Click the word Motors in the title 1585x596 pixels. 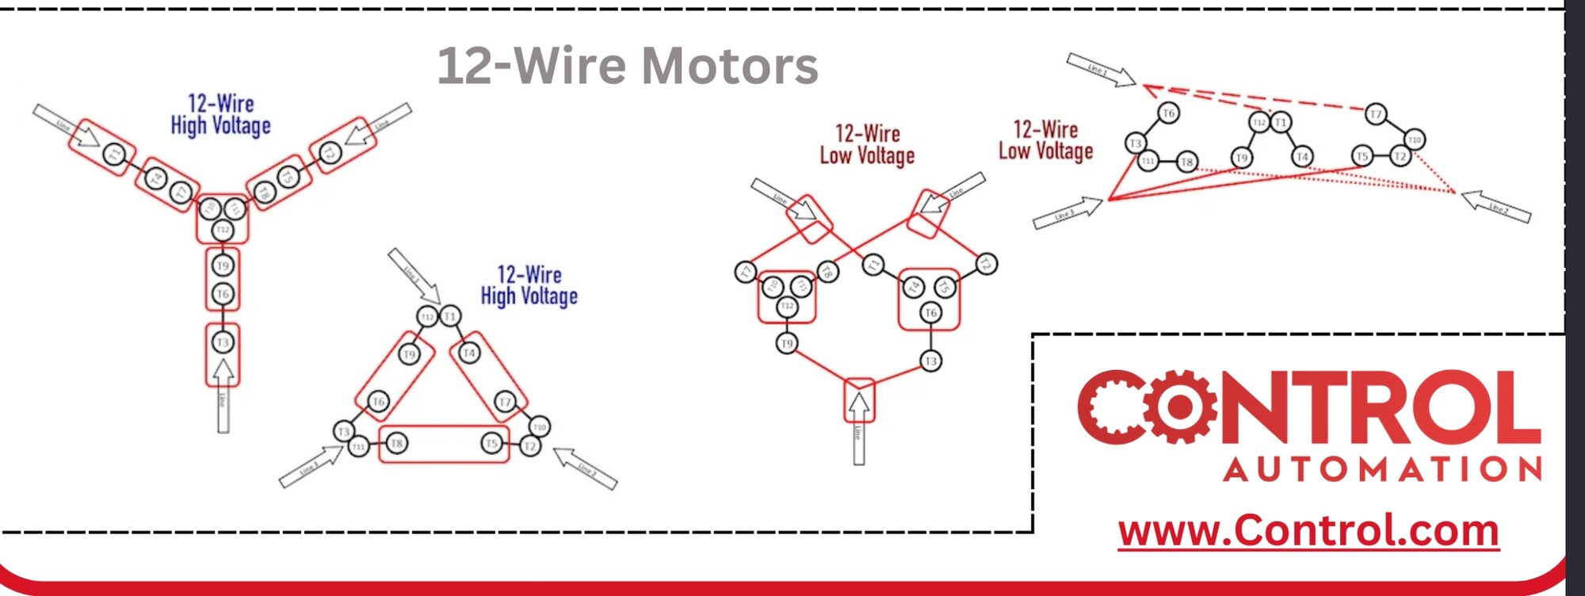click(730, 65)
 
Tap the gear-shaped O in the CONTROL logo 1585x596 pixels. click(1180, 407)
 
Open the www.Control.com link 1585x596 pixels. click(1308, 530)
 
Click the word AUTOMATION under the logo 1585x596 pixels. click(1382, 469)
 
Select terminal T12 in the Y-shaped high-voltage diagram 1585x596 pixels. click(223, 230)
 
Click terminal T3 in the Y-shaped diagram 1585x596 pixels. click(223, 342)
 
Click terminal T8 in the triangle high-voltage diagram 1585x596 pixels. click(396, 443)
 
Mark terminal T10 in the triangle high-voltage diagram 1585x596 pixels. click(539, 427)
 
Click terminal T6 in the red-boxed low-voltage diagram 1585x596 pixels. click(930, 313)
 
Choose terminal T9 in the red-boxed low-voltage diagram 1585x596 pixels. click(786, 343)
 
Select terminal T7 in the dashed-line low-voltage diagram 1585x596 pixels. click(1376, 114)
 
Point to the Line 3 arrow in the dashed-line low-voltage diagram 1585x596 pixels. click(1067, 213)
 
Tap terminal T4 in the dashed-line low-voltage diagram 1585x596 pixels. click(1302, 157)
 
